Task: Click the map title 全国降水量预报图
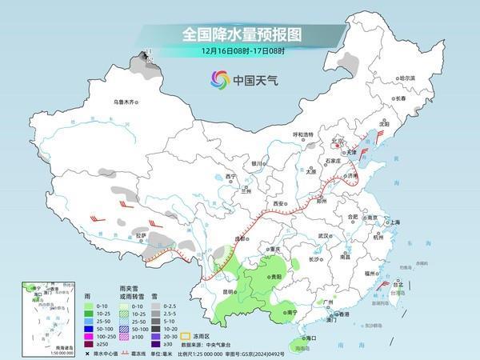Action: pos(239,34)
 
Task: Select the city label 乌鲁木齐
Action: pos(126,102)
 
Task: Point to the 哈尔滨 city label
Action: pos(408,78)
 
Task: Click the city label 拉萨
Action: pos(141,235)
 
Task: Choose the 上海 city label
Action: pos(393,222)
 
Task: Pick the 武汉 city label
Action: pos(324,236)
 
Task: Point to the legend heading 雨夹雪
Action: pos(128,296)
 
